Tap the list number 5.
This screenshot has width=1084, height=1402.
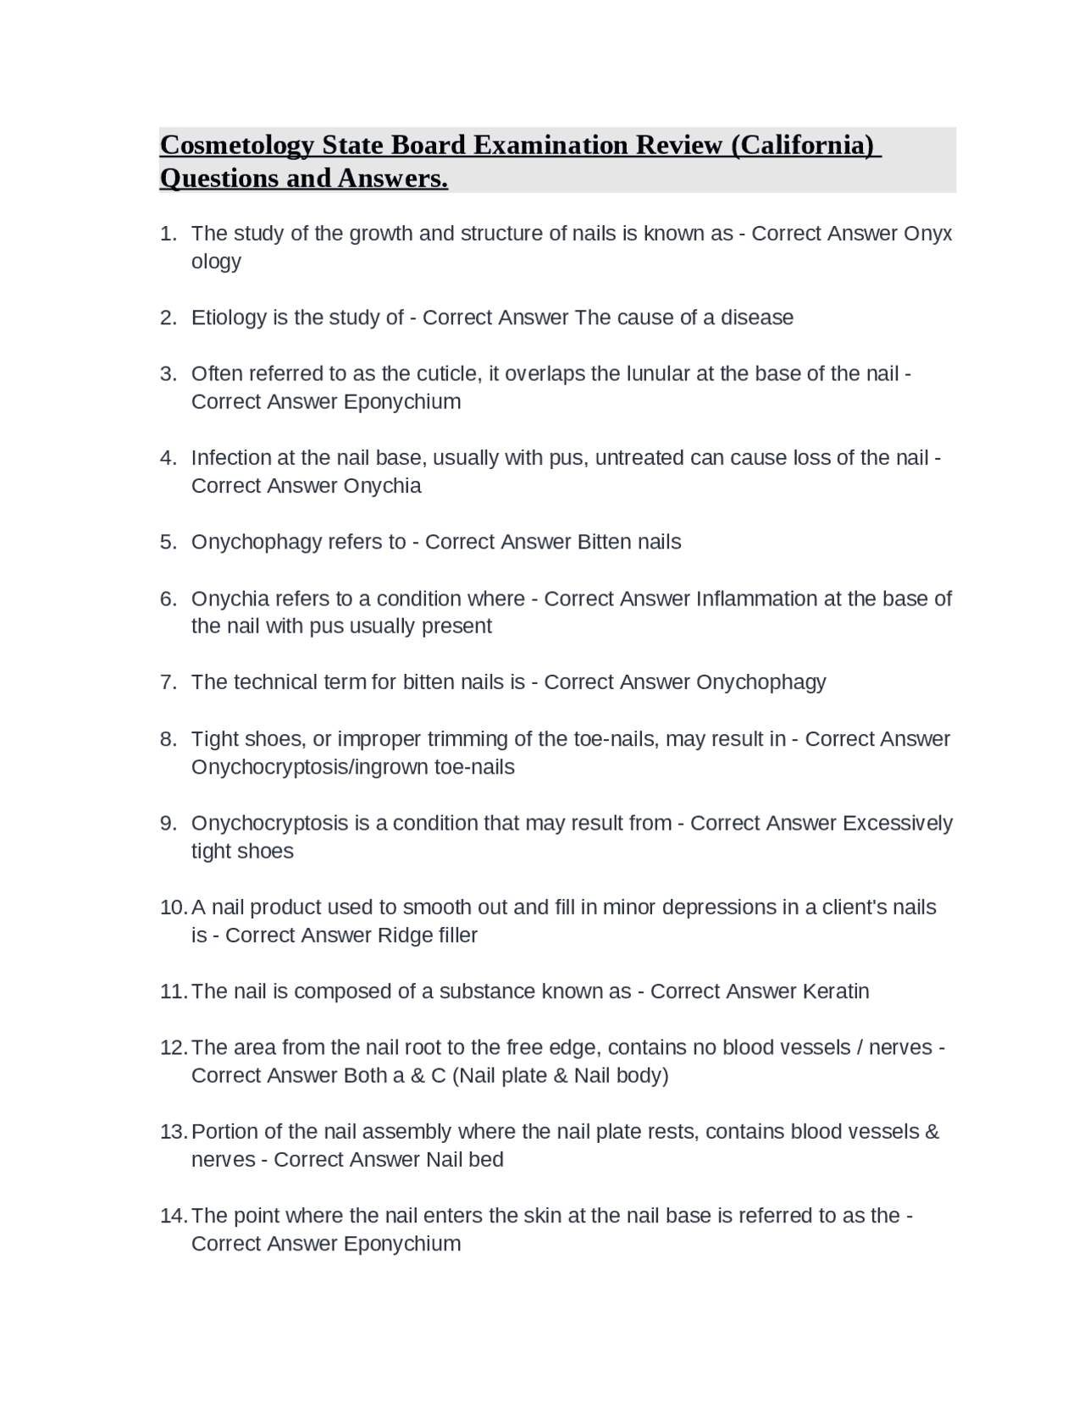tap(168, 542)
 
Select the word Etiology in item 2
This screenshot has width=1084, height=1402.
tap(229, 317)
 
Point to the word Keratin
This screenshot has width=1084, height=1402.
tap(835, 991)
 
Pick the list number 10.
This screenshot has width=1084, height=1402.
tap(173, 908)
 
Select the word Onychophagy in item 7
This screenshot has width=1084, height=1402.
tap(760, 682)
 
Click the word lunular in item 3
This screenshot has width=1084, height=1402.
tap(658, 373)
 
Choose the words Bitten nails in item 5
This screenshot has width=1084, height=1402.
tap(629, 542)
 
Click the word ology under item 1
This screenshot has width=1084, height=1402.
tap(216, 262)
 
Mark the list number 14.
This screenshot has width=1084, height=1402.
tap(173, 1216)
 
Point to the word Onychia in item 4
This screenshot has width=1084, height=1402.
tap(382, 486)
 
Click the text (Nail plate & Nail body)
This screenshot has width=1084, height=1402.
tap(561, 1075)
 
